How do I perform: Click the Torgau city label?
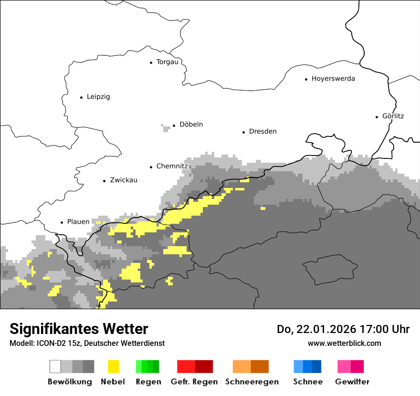pyautogui.click(x=167, y=62)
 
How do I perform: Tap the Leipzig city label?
pyautogui.click(x=98, y=97)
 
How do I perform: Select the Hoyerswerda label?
pyautogui.click(x=333, y=79)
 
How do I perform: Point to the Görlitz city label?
pyautogui.click(x=393, y=116)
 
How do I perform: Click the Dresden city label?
pyautogui.click(x=262, y=132)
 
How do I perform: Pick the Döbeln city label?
pyautogui.click(x=191, y=125)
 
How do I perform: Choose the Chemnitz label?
pyautogui.click(x=172, y=167)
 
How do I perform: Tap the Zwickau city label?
pyautogui.click(x=124, y=180)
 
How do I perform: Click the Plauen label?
pyautogui.click(x=78, y=222)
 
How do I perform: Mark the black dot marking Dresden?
pyautogui.click(x=243, y=132)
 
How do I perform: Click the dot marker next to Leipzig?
pyautogui.click(x=81, y=97)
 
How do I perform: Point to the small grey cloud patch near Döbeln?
pyautogui.click(x=166, y=127)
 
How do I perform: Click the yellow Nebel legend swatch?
pyautogui.click(x=113, y=366)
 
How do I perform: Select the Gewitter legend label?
pyautogui.click(x=352, y=382)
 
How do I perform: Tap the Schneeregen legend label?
pyautogui.click(x=252, y=382)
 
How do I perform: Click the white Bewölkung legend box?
pyautogui.click(x=55, y=366)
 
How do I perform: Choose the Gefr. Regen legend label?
pyautogui.click(x=194, y=382)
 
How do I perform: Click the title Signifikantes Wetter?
pyautogui.click(x=79, y=329)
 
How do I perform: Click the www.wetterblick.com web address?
pyautogui.click(x=344, y=344)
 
